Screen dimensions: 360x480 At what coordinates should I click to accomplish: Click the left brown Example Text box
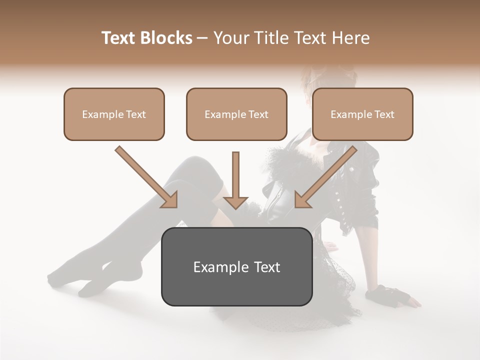click(x=114, y=114)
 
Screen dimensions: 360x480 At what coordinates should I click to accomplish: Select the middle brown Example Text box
click(x=236, y=114)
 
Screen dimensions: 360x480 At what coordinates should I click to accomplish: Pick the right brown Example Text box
click(x=362, y=114)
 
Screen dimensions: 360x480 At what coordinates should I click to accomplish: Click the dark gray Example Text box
click(x=236, y=266)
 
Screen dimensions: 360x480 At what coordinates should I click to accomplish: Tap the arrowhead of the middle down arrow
click(x=235, y=201)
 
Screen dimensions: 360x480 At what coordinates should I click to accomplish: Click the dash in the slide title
click(x=202, y=38)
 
